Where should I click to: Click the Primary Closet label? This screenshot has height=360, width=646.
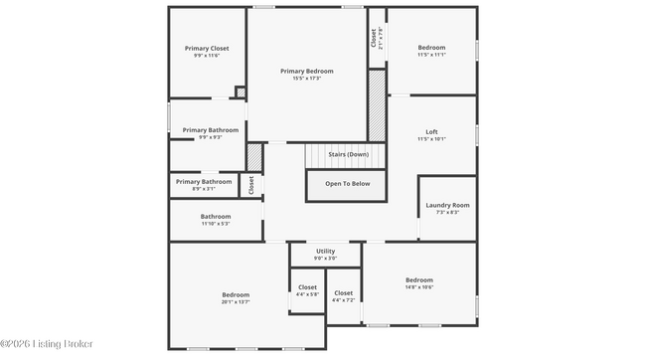[207, 48]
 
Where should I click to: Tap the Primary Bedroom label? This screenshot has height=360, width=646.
[306, 71]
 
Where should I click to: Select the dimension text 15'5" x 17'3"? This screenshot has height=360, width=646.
[306, 79]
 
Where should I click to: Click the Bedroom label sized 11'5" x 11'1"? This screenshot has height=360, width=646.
[431, 47]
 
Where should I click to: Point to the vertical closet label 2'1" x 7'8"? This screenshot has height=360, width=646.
[377, 38]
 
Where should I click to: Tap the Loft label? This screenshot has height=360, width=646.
[431, 131]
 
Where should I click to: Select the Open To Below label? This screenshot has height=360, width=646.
[348, 183]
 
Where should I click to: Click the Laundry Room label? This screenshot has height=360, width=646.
[447, 205]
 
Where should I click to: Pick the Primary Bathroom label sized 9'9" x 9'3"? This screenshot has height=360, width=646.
[210, 129]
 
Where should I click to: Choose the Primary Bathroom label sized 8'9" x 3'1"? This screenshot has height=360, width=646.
[203, 181]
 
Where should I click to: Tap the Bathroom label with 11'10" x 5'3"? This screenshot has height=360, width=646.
[216, 216]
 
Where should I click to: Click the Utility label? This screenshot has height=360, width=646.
[325, 251]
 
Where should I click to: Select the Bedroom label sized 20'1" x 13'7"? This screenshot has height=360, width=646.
[236, 294]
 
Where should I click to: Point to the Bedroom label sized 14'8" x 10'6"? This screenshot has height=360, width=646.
[418, 279]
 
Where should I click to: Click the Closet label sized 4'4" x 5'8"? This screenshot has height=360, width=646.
[307, 287]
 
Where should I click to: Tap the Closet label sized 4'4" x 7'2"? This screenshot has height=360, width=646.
[343, 292]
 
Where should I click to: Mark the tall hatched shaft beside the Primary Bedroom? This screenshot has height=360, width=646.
[377, 104]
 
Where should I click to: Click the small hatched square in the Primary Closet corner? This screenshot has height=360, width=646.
[241, 92]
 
